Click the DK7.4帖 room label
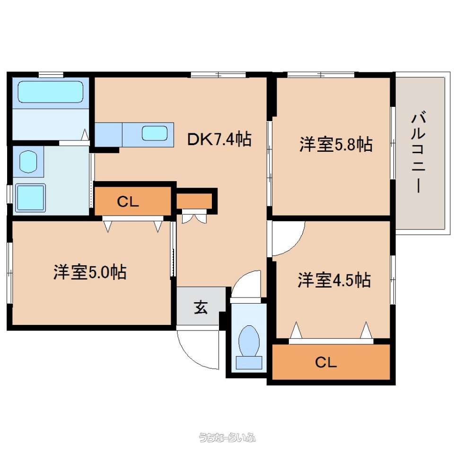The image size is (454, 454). [x=219, y=139]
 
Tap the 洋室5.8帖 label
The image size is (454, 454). [x=336, y=144]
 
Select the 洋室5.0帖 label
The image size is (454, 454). [x=90, y=272]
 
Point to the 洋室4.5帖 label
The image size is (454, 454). [x=334, y=279]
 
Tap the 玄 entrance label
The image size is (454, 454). [x=201, y=307]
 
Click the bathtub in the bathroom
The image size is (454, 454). [x=51, y=91]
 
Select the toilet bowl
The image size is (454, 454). [x=249, y=341]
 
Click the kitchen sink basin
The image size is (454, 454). [x=155, y=133]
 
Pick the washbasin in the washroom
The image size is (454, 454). [x=28, y=161]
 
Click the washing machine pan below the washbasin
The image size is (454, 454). [x=30, y=198]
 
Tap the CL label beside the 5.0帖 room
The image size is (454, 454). [x=128, y=201]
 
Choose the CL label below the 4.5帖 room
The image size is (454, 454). [x=326, y=362]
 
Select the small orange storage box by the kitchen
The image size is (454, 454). [x=194, y=201]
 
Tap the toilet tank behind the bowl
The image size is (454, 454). [x=249, y=363]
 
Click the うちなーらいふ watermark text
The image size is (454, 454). [x=227, y=437]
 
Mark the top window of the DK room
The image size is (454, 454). [x=218, y=74]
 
